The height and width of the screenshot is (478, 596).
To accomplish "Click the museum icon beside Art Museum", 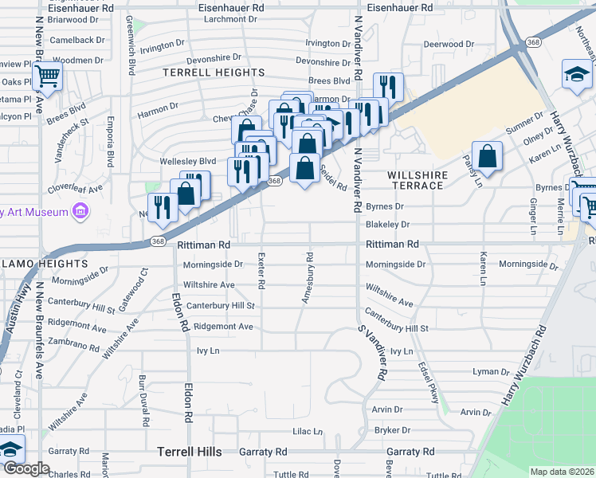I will point(80,211).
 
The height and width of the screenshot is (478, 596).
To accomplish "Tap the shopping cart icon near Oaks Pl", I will point(48,77).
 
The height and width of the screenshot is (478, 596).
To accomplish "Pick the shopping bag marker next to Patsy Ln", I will point(487,155).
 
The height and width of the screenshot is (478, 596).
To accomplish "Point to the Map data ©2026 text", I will point(562,472).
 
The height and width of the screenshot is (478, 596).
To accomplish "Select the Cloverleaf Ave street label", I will point(74,190).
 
